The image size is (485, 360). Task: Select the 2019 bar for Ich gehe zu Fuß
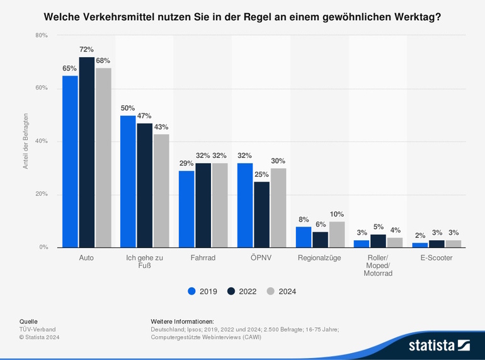[x=128, y=181]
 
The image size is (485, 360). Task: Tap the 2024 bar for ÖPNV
[x=278, y=208]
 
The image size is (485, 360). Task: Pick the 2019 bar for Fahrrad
[x=186, y=209]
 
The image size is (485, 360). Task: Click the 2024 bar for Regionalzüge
[x=336, y=234]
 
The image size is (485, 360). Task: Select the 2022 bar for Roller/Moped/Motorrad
[x=378, y=241]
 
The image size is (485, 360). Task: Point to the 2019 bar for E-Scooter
[x=420, y=245]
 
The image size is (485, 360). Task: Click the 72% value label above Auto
[x=86, y=49]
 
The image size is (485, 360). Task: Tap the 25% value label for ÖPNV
[x=261, y=174]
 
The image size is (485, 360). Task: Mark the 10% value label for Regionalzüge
[x=336, y=214]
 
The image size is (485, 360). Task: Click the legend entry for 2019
[x=202, y=291]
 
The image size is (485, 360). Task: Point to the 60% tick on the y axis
[x=42, y=88]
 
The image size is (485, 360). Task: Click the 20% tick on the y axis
[x=42, y=194]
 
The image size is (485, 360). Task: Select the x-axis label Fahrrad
[x=203, y=258]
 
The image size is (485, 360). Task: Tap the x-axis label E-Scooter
[x=437, y=258]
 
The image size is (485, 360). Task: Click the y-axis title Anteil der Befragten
[x=26, y=142]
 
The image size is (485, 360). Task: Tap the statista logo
[x=439, y=344]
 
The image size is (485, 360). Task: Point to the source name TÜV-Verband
[x=38, y=329]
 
